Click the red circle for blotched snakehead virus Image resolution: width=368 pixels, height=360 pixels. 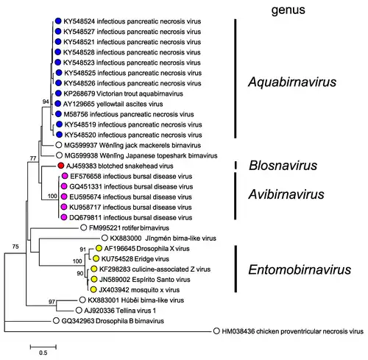[x=61, y=166]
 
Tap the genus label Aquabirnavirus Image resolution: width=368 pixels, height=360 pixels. [x=292, y=82]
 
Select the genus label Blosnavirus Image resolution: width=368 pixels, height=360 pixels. [x=283, y=166]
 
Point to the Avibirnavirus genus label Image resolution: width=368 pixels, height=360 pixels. [x=286, y=194]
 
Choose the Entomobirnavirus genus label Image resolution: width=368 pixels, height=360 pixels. [x=300, y=269]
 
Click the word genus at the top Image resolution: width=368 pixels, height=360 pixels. [x=289, y=10]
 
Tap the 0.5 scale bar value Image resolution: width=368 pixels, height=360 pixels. [x=43, y=353]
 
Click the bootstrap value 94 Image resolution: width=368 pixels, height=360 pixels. [x=46, y=102]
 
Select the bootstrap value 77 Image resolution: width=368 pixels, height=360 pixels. [x=33, y=158]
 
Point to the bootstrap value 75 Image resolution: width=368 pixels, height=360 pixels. [x=15, y=247]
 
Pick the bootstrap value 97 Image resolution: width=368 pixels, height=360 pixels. [x=52, y=302]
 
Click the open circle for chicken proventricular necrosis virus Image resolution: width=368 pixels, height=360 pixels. [x=216, y=331]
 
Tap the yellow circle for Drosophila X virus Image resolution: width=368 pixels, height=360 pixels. [x=99, y=248]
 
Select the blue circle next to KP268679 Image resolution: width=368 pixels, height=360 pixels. [x=58, y=93]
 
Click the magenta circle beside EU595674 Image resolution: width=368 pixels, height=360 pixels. [x=64, y=197]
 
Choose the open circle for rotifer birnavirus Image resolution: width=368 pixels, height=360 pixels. [x=84, y=227]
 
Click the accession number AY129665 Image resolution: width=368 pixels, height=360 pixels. [x=79, y=104]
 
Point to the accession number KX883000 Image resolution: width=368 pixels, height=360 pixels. [x=126, y=239]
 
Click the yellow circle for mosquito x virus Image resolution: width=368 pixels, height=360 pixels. [x=93, y=289]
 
